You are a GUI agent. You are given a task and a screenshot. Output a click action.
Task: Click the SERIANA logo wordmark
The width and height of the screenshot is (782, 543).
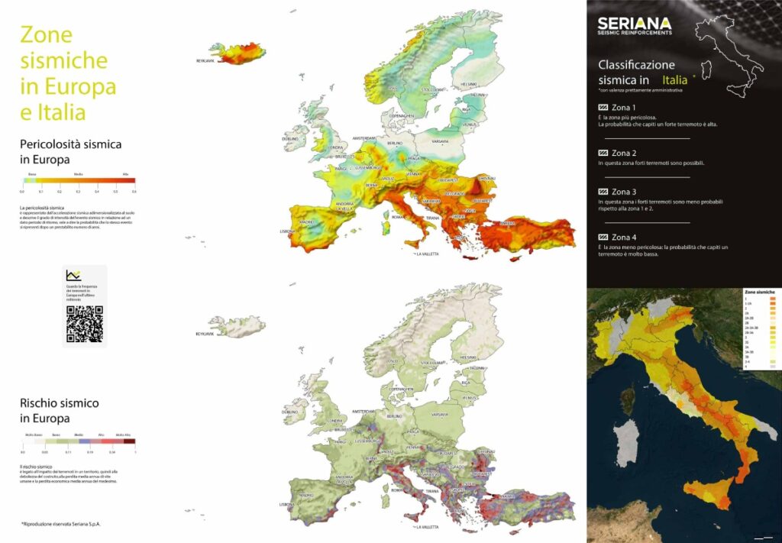pyautogui.click(x=634, y=24)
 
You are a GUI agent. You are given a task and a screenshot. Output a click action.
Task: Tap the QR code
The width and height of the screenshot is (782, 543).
pyautogui.click(x=84, y=323)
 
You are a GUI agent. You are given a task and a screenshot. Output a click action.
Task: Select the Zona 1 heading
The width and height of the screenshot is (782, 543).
pyautogui.click(x=623, y=108)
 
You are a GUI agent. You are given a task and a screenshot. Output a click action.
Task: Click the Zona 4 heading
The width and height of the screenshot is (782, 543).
pyautogui.click(x=623, y=237)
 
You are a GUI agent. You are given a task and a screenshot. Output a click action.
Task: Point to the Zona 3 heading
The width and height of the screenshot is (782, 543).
pyautogui.click(x=623, y=192)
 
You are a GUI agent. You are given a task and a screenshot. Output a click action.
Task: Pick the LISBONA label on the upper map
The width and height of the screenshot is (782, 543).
pyautogui.click(x=287, y=231)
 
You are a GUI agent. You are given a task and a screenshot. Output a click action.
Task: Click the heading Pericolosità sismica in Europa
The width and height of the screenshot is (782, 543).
pyautogui.click(x=71, y=151)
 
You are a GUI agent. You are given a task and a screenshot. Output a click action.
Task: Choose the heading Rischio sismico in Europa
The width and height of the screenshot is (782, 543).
pyautogui.click(x=60, y=410)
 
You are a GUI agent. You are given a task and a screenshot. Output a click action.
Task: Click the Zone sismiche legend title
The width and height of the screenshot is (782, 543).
pyautogui.click(x=759, y=293)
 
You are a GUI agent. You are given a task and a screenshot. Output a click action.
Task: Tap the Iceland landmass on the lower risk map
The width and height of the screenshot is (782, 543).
pyautogui.click(x=238, y=326)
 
